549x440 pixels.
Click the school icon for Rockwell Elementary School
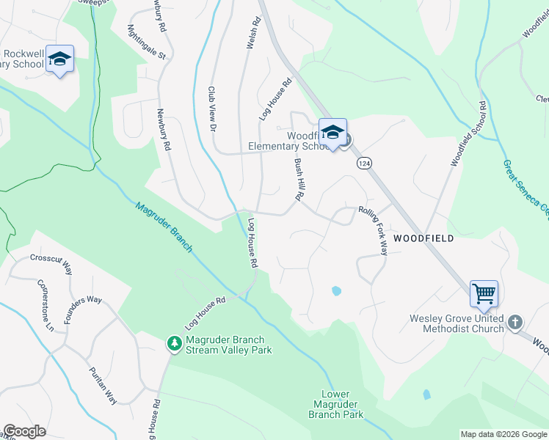[x=59, y=59]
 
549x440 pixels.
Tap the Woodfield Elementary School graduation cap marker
[x=332, y=133]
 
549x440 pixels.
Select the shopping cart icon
[x=484, y=294]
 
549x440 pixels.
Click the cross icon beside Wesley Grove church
[x=515, y=322]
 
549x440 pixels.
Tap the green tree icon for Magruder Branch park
[x=174, y=343]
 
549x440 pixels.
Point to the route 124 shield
[x=363, y=162]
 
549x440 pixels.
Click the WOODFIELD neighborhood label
[x=423, y=238]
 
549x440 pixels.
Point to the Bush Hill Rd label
[x=299, y=180]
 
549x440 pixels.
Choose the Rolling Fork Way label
[x=373, y=230]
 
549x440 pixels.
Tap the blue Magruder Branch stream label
[x=164, y=227]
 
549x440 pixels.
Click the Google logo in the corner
[x=24, y=431]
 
